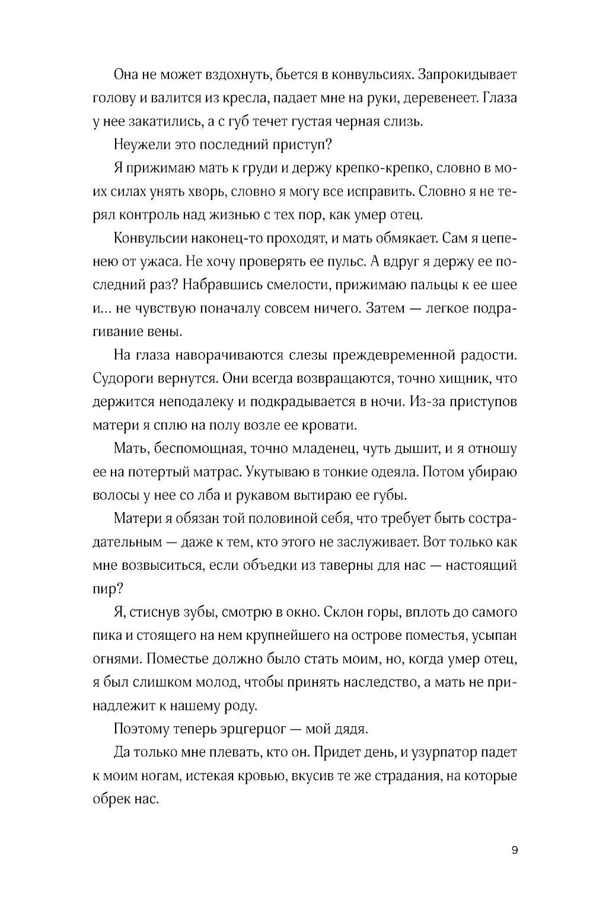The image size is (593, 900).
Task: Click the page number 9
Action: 514,850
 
